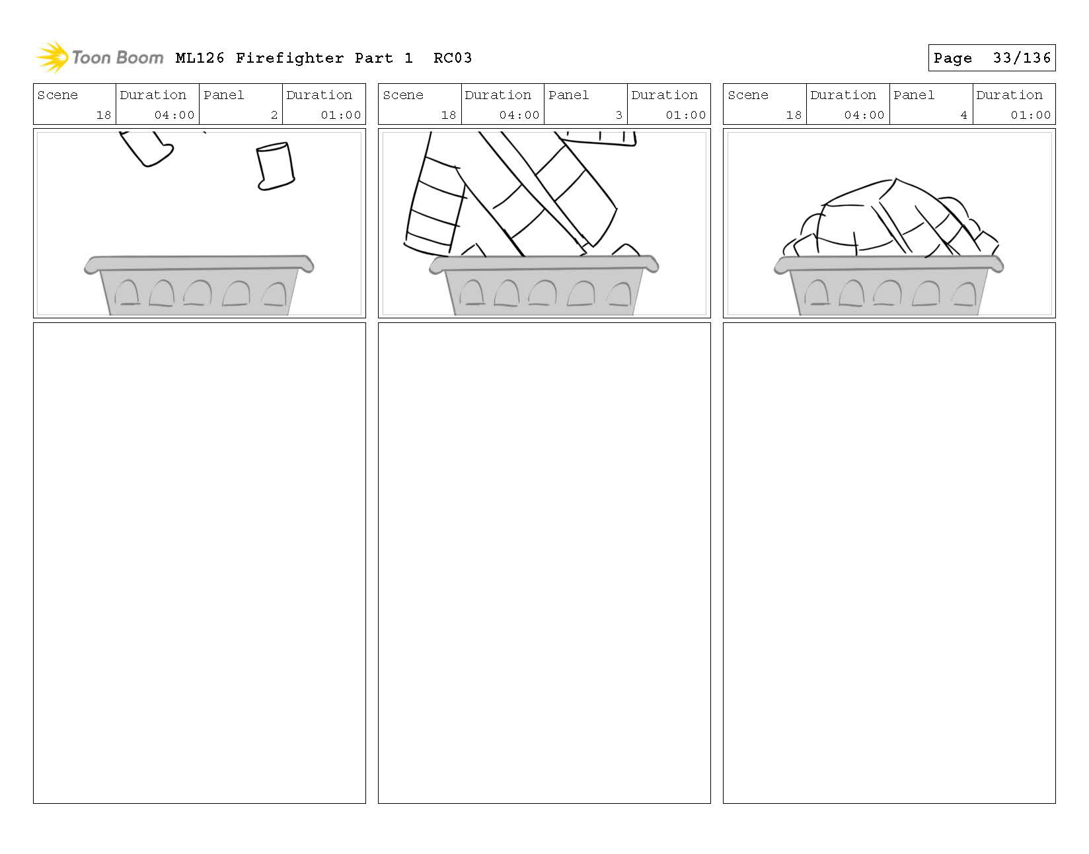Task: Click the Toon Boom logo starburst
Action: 52,57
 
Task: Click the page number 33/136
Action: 1021,58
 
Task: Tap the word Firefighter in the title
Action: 290,58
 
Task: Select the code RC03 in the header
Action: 453,58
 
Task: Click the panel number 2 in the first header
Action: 274,115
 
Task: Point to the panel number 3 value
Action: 619,115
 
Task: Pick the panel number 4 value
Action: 963,115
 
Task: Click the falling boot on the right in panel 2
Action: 275,166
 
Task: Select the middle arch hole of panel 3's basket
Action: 543,293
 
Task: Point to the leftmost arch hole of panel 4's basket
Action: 817,293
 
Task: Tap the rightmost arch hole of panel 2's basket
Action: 274,294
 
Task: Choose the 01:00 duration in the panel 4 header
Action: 1030,115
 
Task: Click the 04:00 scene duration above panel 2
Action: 174,115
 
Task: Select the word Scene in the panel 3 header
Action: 403,95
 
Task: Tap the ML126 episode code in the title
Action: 200,58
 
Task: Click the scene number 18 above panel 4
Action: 794,115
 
